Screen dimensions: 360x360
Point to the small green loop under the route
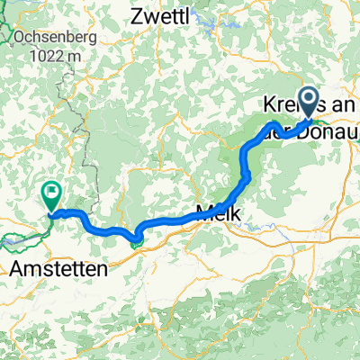point(136,239)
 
